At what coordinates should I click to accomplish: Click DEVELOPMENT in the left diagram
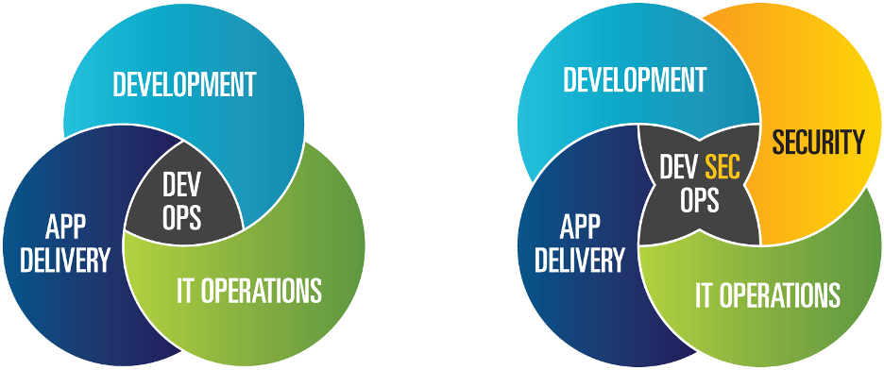pyautogui.click(x=184, y=85)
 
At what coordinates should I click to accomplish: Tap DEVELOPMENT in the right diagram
pyautogui.click(x=635, y=80)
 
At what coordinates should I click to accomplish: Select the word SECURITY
pyautogui.click(x=818, y=143)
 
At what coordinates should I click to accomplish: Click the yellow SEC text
pyautogui.click(x=722, y=170)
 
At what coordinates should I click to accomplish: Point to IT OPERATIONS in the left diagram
pyautogui.click(x=249, y=290)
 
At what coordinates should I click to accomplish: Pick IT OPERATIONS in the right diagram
pyautogui.click(x=767, y=294)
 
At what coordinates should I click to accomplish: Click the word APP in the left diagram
pyautogui.click(x=65, y=227)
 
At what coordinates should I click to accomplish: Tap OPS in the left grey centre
pyautogui.click(x=182, y=218)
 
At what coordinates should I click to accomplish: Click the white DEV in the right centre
pyautogui.click(x=678, y=170)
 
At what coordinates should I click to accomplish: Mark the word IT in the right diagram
pyautogui.click(x=705, y=294)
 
